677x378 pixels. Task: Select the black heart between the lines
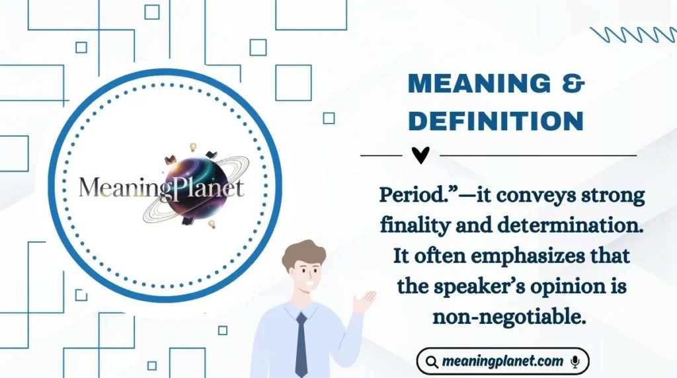[x=420, y=155]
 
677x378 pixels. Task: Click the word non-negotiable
[x=510, y=317]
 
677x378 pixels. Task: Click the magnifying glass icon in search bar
[x=432, y=362]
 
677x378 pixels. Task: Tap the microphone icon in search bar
[x=575, y=361]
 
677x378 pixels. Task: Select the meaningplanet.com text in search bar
[x=502, y=361]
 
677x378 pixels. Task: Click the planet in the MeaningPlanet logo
[x=192, y=188]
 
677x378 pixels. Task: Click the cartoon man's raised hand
[x=364, y=301]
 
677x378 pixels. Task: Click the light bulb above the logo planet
[x=194, y=147]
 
